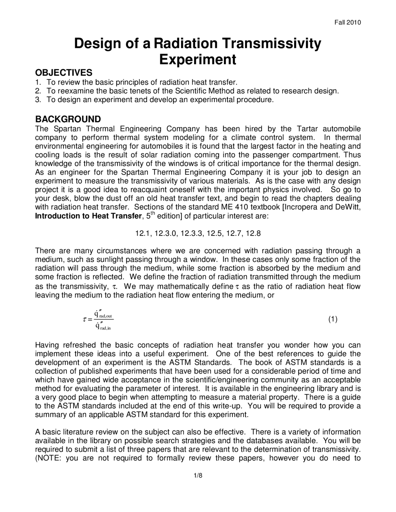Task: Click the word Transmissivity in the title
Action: point(268,44)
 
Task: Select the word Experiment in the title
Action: point(197,59)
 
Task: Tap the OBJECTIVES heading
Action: point(63,73)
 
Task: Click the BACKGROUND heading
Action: point(68,119)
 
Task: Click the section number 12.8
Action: point(253,233)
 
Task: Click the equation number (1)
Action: point(333,319)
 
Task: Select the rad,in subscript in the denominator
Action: point(105,328)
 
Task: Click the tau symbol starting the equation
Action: point(85,320)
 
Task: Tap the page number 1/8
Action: point(198,476)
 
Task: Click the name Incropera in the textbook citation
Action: point(302,207)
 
